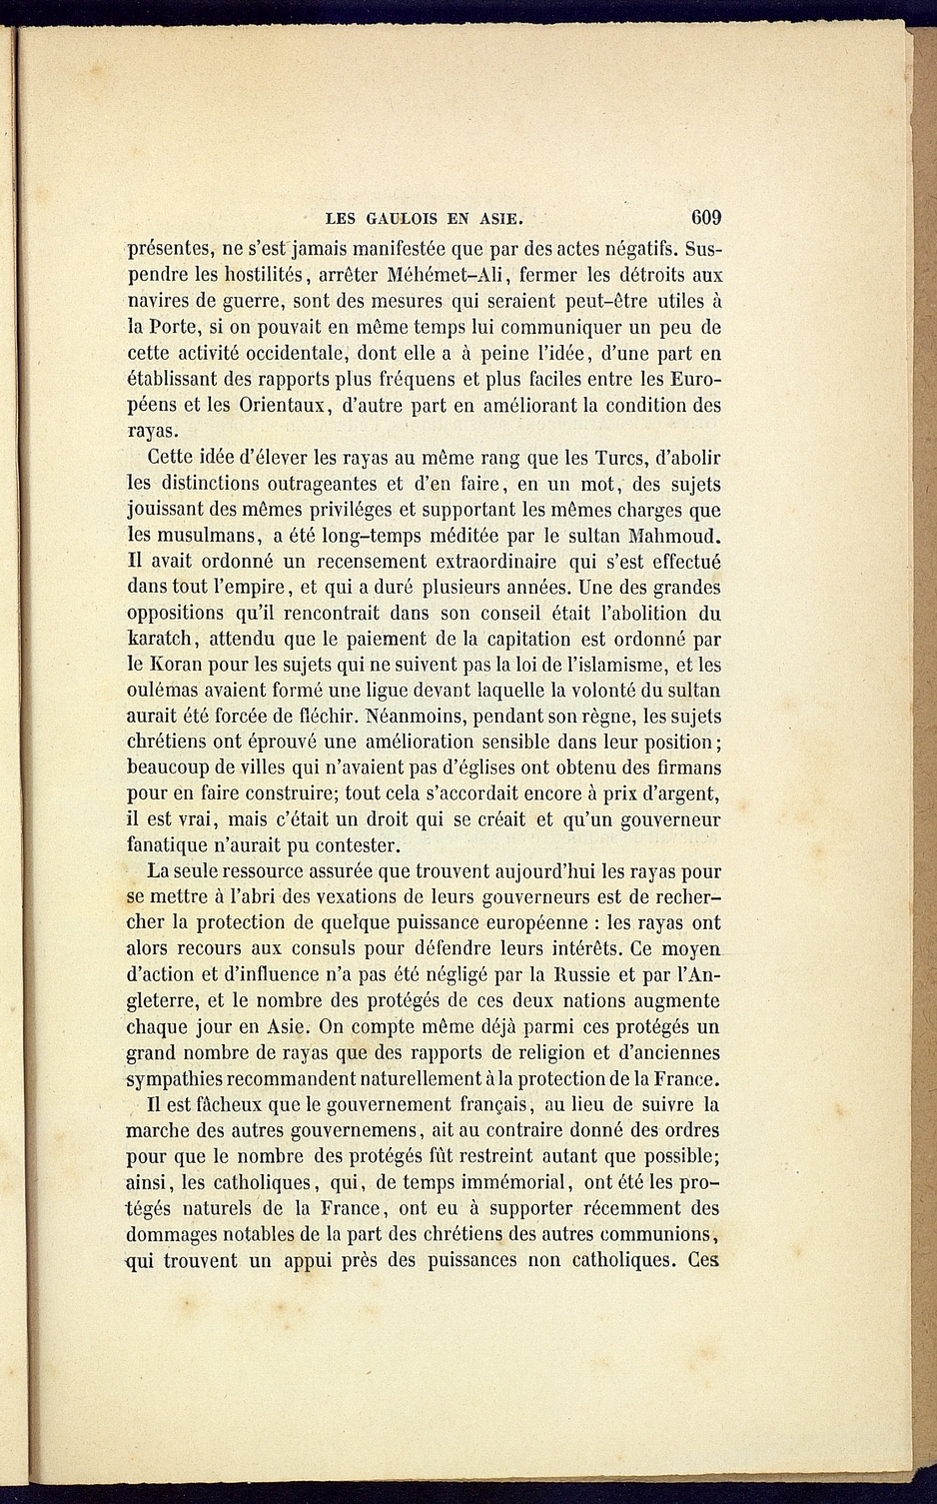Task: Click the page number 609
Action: point(704,217)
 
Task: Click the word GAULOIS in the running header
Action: point(402,218)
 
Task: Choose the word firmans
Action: point(687,768)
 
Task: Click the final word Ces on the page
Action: point(704,1260)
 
